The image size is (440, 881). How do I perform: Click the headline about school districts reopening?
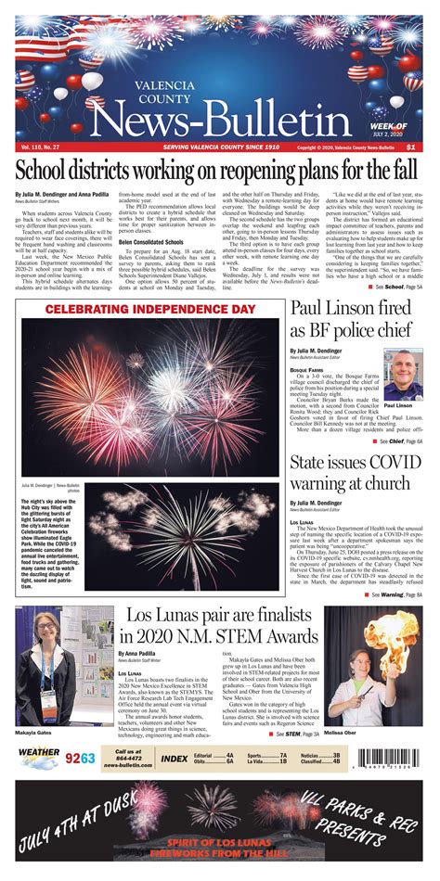point(219,171)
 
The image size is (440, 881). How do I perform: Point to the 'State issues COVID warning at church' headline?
point(356,472)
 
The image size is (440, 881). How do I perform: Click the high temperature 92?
point(73,759)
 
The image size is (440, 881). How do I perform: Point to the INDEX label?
point(174,759)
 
